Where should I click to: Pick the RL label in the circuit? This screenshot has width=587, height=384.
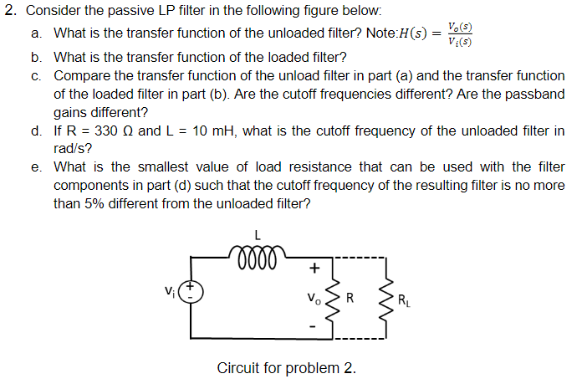404,299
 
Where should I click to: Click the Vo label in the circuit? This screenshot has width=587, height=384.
314,295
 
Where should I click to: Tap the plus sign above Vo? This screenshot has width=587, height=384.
314,269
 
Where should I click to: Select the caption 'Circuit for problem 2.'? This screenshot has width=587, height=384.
286,368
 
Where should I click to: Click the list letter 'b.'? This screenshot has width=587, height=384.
37,58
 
